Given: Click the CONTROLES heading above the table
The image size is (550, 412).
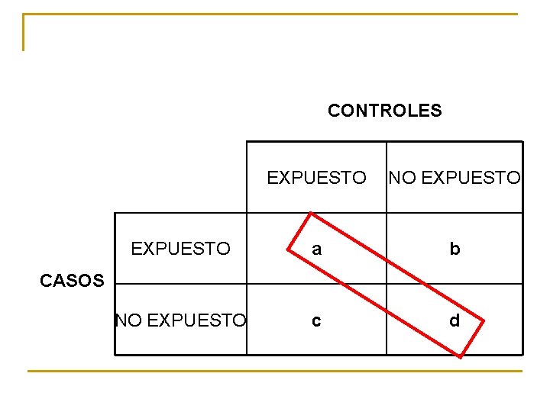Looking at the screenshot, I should [384, 111].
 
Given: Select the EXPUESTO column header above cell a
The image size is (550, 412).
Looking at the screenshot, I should [316, 178].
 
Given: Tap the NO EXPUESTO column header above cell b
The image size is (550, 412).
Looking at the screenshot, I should [455, 178].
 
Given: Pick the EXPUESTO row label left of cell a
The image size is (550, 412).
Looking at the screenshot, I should [180, 249].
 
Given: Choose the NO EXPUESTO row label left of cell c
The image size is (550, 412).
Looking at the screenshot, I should [180, 321].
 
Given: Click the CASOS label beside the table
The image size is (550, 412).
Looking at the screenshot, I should [71, 281].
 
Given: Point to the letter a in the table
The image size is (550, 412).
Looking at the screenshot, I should [316, 249].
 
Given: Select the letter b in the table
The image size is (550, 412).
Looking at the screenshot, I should [455, 249].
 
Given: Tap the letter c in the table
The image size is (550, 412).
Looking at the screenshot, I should [316, 321].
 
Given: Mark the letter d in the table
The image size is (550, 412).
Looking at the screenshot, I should [455, 321].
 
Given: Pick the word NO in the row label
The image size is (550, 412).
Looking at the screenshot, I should [128, 321].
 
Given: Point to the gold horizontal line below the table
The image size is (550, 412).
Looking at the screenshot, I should [275, 372].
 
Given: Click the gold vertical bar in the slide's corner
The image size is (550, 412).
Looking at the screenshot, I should [24, 32].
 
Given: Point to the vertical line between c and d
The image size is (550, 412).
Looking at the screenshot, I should [387, 321].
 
